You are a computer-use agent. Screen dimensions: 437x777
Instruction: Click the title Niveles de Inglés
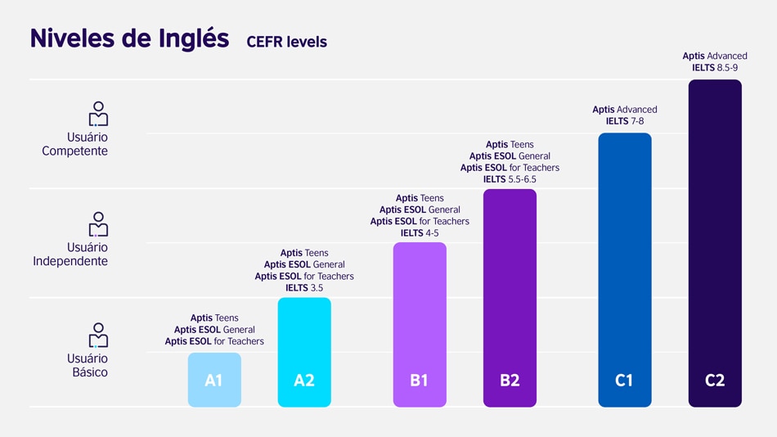click(x=129, y=38)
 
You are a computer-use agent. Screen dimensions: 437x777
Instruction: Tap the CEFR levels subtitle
click(x=286, y=42)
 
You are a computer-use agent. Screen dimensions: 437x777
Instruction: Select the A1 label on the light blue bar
click(x=214, y=381)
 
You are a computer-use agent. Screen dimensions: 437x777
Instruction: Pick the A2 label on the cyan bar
click(x=304, y=381)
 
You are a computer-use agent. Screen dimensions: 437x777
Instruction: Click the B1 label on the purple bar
click(x=420, y=381)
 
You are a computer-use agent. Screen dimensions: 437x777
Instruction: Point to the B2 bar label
click(x=510, y=381)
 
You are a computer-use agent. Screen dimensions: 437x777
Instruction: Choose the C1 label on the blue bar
click(x=624, y=381)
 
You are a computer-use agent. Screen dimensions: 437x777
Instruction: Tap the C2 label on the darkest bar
click(x=715, y=381)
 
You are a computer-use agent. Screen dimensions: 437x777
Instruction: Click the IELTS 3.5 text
click(x=304, y=288)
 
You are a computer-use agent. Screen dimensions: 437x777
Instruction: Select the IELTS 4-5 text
click(x=420, y=233)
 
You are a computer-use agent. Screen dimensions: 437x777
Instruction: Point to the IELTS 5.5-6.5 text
click(x=510, y=179)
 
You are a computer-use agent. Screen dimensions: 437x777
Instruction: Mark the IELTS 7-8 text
click(x=625, y=121)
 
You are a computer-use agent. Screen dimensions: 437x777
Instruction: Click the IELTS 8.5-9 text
click(x=715, y=68)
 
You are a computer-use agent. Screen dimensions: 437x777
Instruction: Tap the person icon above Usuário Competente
click(x=98, y=114)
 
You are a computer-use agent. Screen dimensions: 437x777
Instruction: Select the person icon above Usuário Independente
click(x=98, y=224)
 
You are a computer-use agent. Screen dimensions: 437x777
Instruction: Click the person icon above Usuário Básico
click(x=98, y=335)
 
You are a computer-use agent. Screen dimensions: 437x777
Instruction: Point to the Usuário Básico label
click(x=87, y=365)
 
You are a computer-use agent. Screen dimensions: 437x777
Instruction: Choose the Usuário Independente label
click(x=70, y=255)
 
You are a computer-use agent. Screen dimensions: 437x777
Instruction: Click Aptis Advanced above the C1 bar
click(x=625, y=110)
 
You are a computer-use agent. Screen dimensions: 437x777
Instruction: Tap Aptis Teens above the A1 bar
click(x=214, y=318)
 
